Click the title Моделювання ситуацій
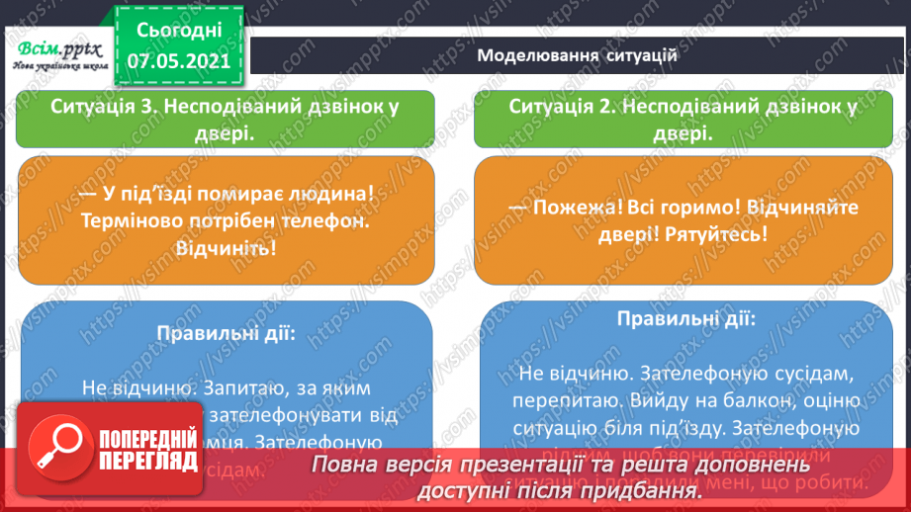[x=577, y=55]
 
